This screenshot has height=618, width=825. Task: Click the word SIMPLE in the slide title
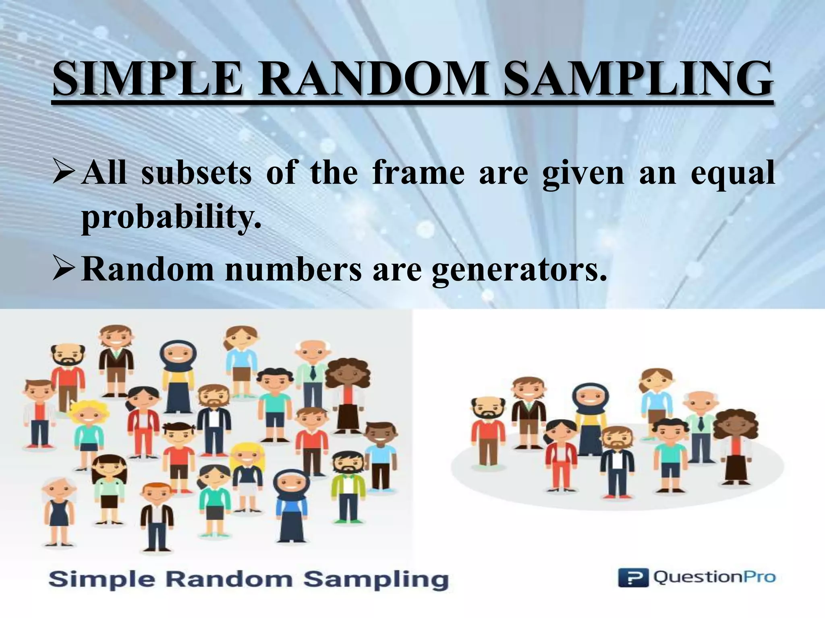click(x=147, y=80)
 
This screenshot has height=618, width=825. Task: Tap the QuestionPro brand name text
click(x=714, y=578)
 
